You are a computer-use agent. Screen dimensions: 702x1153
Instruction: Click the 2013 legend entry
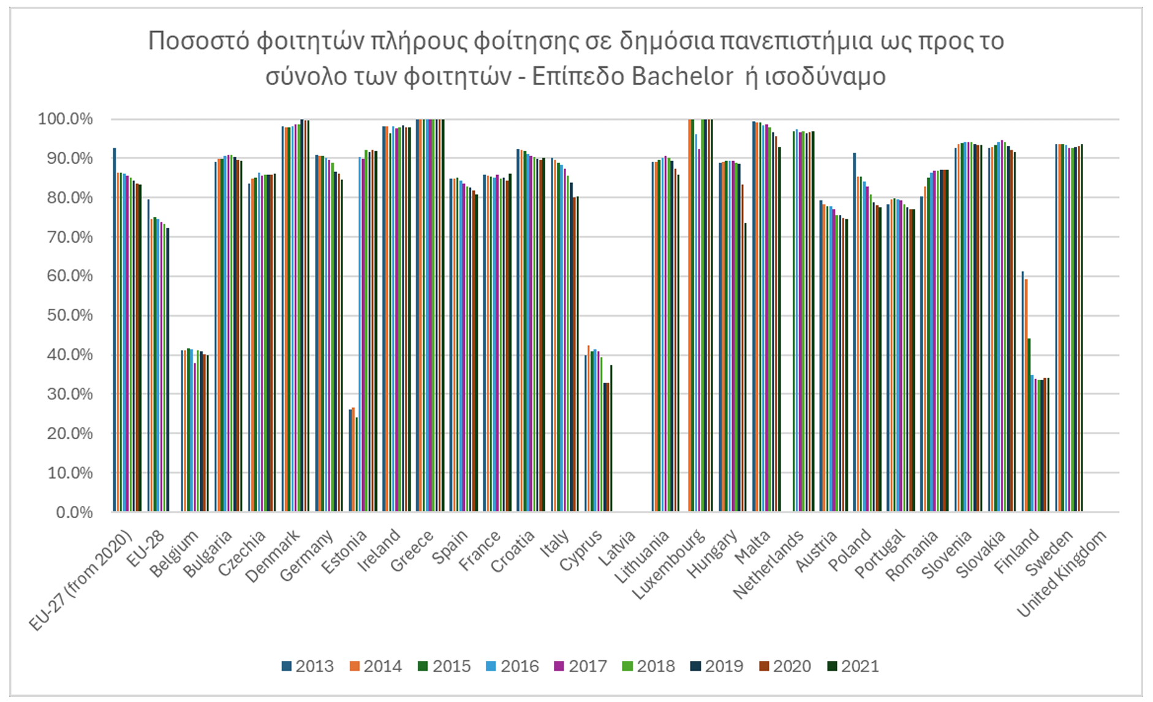click(308, 666)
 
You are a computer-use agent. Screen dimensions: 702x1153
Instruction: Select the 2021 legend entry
click(853, 666)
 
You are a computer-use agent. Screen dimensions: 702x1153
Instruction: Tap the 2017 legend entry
click(580, 666)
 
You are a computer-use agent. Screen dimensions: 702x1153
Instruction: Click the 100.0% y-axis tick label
click(66, 119)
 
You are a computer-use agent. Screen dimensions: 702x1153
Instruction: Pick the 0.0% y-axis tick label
click(74, 512)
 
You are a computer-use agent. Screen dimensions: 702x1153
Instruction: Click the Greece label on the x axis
click(412, 551)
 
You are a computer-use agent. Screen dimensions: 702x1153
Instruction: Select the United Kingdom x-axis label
click(1062, 572)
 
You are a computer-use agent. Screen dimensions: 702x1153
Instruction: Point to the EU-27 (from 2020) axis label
click(81, 579)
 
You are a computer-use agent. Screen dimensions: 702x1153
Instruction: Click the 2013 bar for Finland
click(1023, 391)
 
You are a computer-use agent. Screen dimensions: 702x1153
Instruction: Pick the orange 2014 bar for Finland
click(1026, 395)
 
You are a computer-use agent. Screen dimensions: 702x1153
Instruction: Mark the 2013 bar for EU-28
click(148, 355)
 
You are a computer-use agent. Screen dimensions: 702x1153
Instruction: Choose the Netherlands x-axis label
click(768, 564)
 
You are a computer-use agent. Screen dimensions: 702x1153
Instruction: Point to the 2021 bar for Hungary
click(746, 367)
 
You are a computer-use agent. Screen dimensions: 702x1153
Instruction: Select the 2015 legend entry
click(444, 666)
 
